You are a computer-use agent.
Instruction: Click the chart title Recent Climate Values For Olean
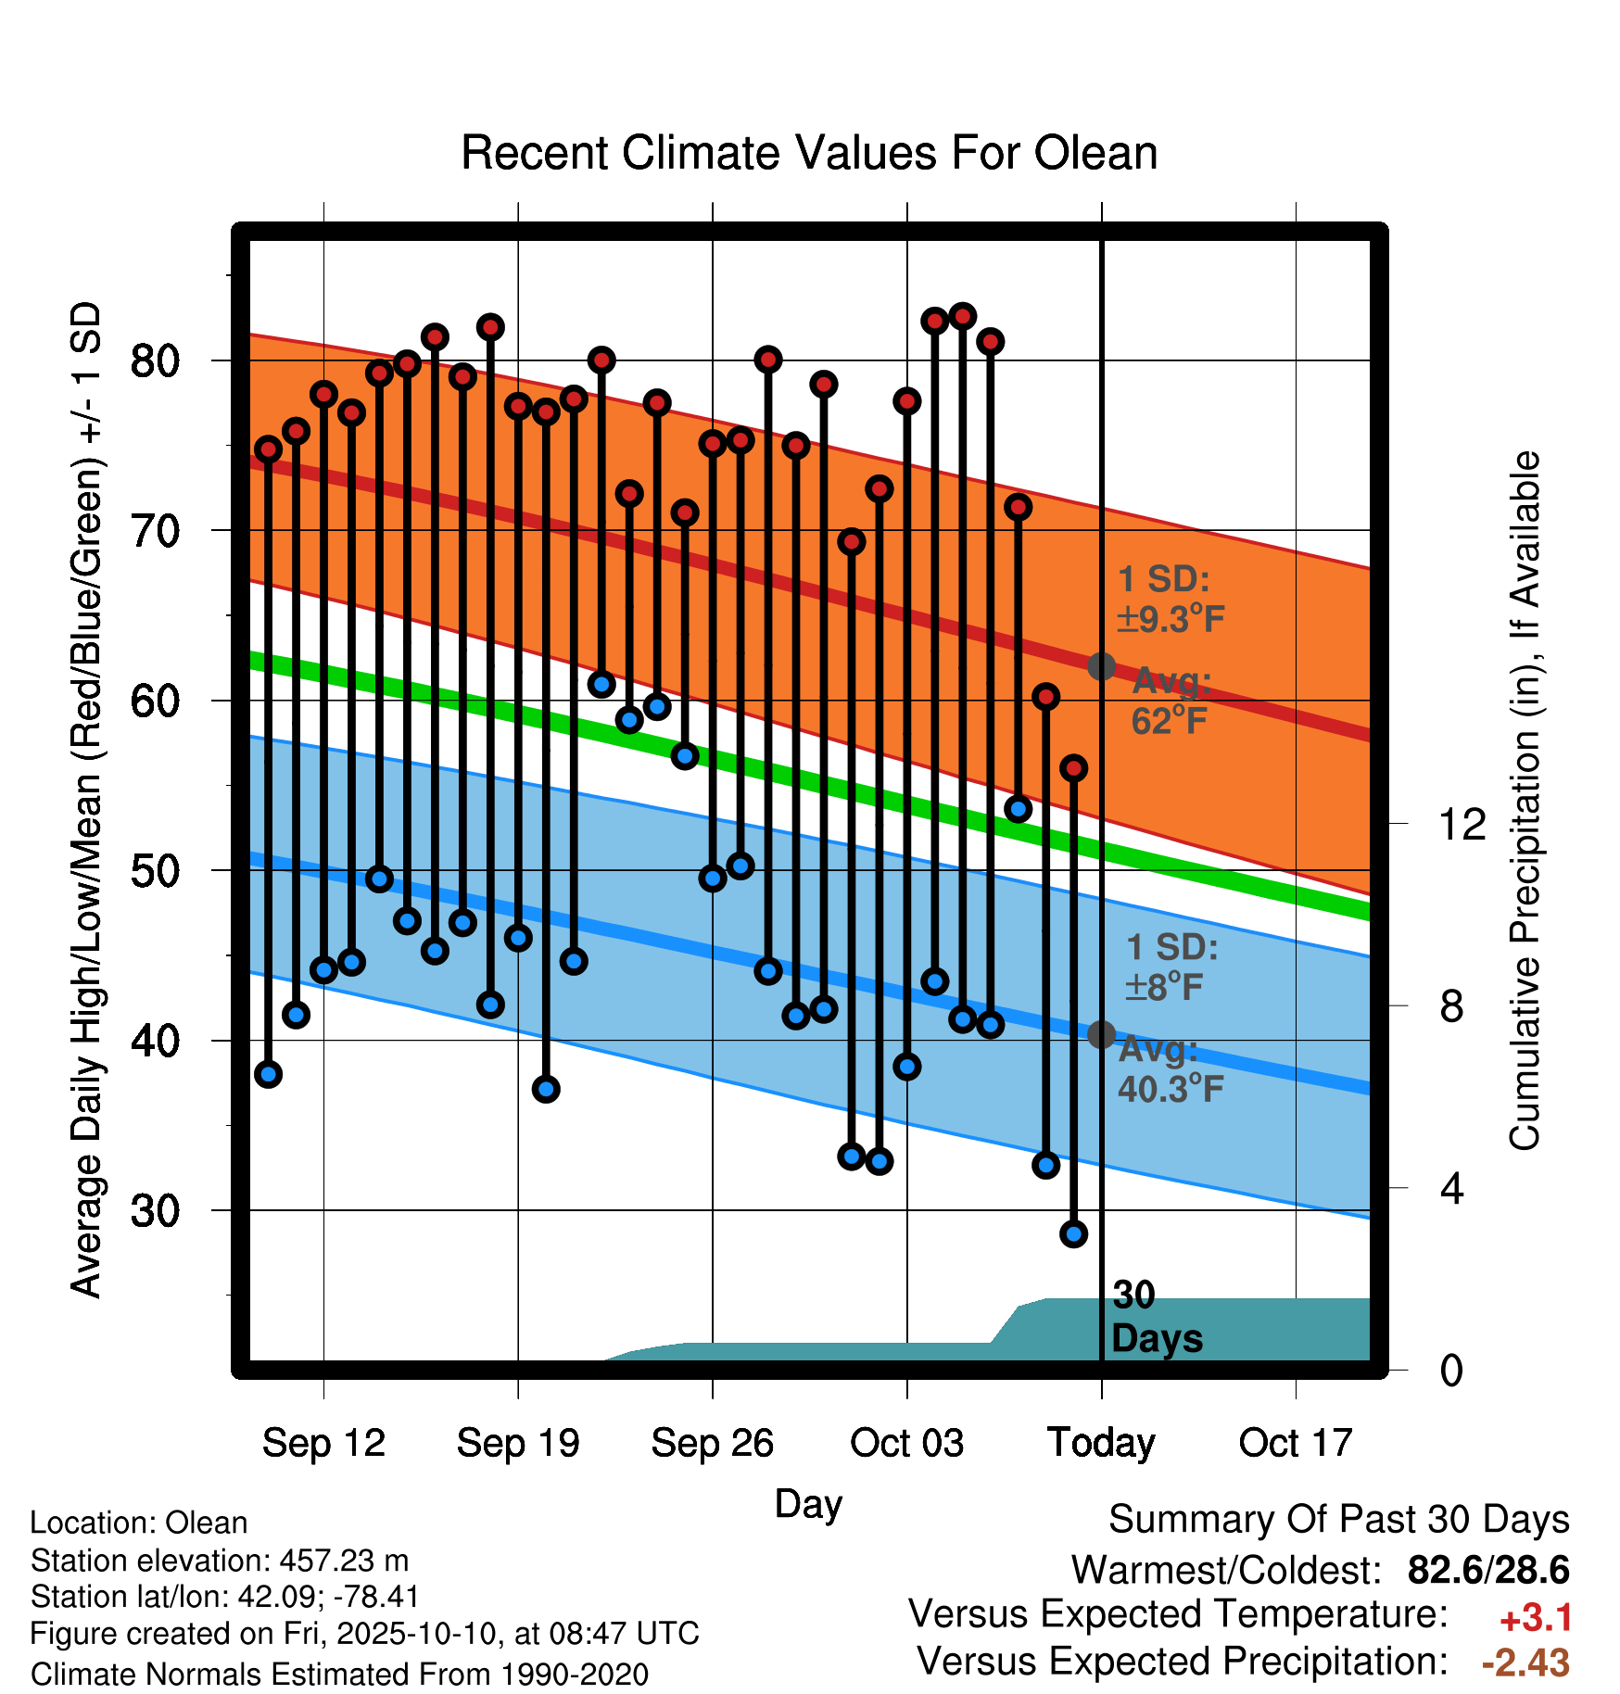809,153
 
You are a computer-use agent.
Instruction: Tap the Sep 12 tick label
323,1443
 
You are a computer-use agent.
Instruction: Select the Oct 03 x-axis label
906,1443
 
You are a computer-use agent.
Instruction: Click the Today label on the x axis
1101,1444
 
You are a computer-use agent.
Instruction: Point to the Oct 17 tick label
1296,1443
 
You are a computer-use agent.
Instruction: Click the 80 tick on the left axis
155,360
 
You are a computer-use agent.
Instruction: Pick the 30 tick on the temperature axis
155,1210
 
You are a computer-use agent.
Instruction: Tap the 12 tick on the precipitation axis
1462,824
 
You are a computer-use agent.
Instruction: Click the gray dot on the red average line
1101,665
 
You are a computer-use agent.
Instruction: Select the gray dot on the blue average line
1101,1034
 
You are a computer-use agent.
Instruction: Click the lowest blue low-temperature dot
1073,1233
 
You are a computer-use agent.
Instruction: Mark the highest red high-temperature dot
962,316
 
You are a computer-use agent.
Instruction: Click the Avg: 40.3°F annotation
1170,1069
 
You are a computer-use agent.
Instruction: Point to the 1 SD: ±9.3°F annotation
1171,599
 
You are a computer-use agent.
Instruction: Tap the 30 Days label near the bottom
1157,1317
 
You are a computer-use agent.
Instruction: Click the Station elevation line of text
220,1561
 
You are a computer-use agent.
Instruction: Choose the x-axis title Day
808,1504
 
